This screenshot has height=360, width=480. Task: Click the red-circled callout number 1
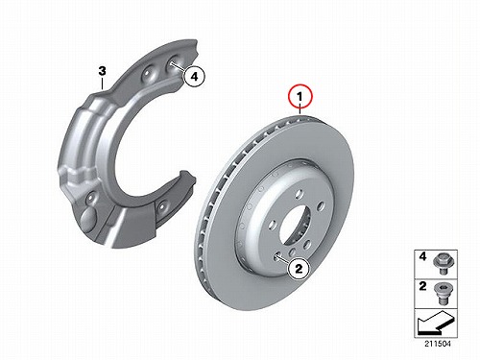(300, 96)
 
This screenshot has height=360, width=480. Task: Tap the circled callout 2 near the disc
(299, 269)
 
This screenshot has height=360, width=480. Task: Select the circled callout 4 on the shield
(194, 76)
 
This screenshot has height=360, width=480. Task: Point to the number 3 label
(102, 71)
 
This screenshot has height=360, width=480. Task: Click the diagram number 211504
(438, 344)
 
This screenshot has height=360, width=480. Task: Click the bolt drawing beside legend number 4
(441, 264)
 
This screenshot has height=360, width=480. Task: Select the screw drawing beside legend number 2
(441, 294)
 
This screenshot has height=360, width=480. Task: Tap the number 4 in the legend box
(422, 256)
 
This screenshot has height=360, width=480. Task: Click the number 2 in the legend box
(422, 286)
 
